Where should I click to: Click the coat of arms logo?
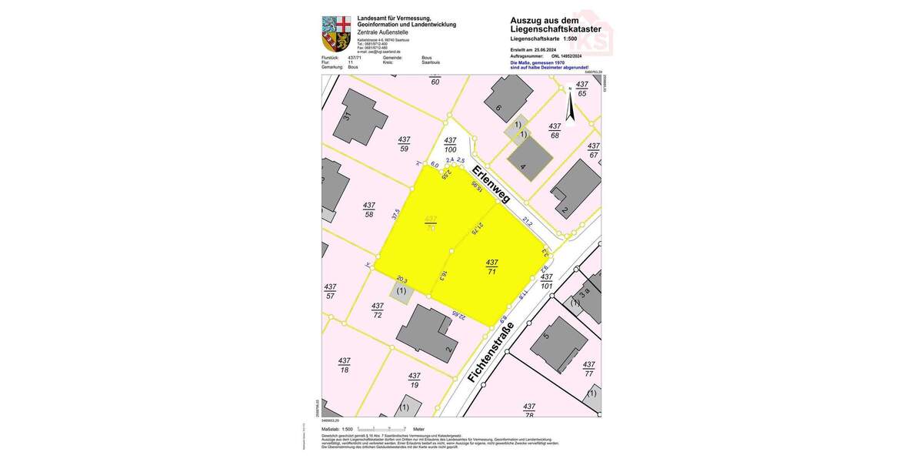click(336, 34)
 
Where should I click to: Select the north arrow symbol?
click(570, 104)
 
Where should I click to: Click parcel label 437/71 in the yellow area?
click(491, 266)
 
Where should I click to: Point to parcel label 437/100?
click(451, 144)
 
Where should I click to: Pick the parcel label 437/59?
click(404, 144)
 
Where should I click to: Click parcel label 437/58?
click(369, 209)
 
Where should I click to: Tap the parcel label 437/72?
click(378, 310)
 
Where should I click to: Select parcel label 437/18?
click(344, 365)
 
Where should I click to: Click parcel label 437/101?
click(546, 281)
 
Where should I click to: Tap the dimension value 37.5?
click(396, 215)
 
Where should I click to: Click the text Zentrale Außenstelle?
click(384, 32)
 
